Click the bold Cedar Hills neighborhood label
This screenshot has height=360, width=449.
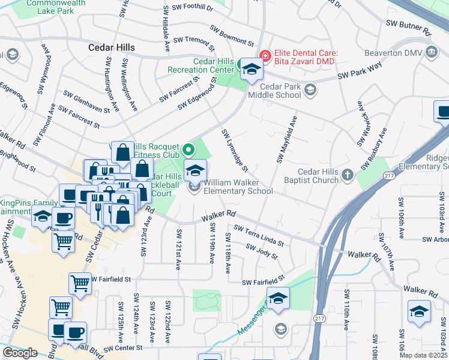(111, 47)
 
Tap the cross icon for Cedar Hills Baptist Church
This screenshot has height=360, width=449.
(348, 176)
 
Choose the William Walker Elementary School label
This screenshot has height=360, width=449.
(238, 187)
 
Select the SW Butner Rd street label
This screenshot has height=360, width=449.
(408, 26)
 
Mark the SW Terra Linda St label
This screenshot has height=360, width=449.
(259, 235)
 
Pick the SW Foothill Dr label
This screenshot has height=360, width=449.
(193, 8)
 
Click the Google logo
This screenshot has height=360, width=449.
(20, 353)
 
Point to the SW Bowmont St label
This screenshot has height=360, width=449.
(232, 36)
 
